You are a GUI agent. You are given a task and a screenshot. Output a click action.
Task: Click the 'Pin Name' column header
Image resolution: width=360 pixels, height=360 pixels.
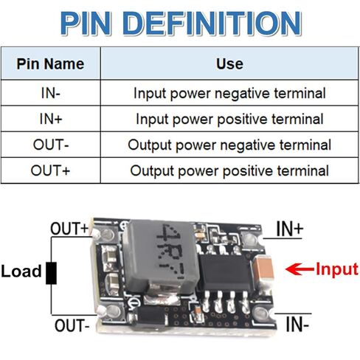(50, 64)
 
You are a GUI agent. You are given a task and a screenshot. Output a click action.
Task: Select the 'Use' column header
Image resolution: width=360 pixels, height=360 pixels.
(229, 64)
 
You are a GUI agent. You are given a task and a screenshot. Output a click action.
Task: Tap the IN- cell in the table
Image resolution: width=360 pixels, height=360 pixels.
(51, 93)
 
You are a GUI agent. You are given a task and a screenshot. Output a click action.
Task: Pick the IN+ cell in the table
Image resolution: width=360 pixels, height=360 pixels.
(51, 119)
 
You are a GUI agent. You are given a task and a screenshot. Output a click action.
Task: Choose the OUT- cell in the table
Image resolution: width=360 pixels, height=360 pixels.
(51, 145)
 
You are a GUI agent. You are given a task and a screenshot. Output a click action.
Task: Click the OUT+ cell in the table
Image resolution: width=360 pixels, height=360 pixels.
(51, 170)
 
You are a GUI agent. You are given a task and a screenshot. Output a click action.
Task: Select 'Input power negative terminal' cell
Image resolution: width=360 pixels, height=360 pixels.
(229, 94)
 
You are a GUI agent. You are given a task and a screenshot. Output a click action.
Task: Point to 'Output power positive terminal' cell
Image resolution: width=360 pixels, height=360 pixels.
(229, 171)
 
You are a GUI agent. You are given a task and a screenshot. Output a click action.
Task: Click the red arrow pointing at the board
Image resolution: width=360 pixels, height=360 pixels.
(300, 269)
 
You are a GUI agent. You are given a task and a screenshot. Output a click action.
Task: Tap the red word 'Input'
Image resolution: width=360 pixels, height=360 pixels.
(337, 270)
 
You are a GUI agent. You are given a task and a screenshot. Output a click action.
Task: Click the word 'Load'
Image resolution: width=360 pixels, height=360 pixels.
(21, 271)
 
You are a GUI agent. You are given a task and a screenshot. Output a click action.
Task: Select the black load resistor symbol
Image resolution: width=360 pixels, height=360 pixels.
(52, 273)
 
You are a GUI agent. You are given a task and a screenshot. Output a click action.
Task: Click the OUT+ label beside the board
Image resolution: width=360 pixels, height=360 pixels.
(69, 229)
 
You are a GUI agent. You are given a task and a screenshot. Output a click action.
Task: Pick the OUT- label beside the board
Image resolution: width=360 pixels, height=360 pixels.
(72, 325)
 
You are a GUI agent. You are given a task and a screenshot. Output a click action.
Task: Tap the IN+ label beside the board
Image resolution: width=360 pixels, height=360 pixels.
(290, 229)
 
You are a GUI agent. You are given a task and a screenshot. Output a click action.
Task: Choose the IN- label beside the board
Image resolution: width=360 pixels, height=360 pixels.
(297, 325)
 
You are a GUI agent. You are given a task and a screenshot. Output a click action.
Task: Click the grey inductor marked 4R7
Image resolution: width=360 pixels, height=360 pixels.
(161, 256)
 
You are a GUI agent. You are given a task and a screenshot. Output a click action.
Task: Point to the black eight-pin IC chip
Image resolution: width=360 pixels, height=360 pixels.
(225, 272)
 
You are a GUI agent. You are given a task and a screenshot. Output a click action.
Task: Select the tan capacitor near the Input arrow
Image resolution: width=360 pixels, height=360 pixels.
(263, 268)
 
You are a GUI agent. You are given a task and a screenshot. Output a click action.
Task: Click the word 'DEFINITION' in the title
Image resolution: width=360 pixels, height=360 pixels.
(212, 24)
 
